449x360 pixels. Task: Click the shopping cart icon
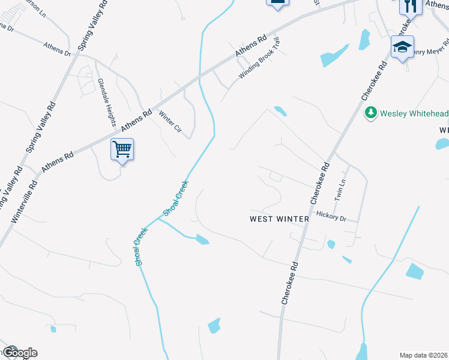pos(122,148)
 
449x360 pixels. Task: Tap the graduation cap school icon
pos(402,47)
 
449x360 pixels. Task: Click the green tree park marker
pos(370,113)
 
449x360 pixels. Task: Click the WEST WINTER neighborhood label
pos(279,219)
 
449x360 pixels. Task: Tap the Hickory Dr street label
pos(331,216)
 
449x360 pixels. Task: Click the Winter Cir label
pos(170,122)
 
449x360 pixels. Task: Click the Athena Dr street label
pos(57,48)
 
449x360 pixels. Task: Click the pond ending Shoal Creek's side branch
pos(202,240)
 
